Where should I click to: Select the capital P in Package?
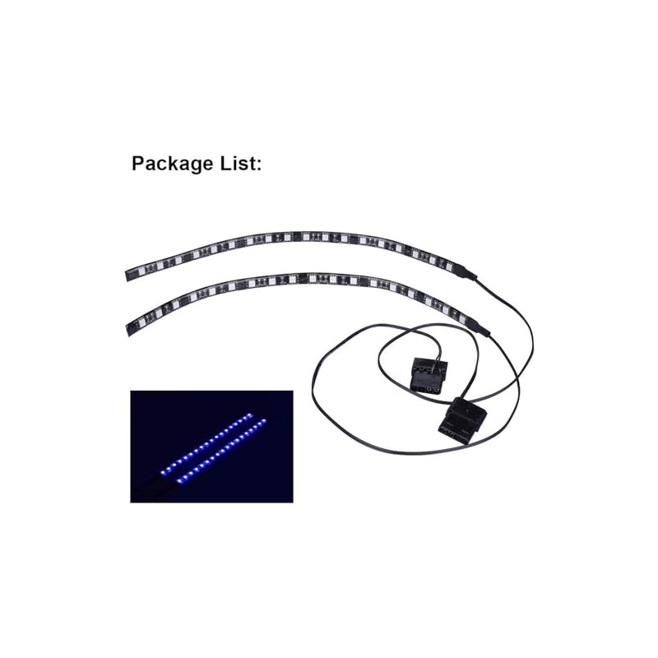pos(138,163)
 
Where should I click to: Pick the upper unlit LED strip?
pos(288,240)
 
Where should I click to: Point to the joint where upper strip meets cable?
pos(471,273)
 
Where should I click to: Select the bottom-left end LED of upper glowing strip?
pos(167,471)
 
